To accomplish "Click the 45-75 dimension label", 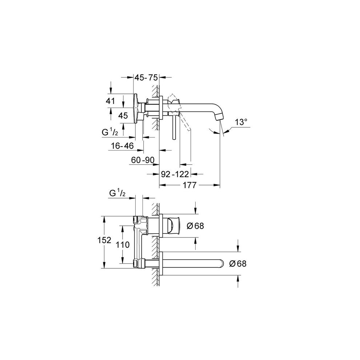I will [x=145, y=78].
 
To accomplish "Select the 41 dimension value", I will [x=111, y=101].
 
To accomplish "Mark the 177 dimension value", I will [x=189, y=185].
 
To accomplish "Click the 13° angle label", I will [x=240, y=123].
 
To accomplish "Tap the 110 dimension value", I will [x=123, y=245].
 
